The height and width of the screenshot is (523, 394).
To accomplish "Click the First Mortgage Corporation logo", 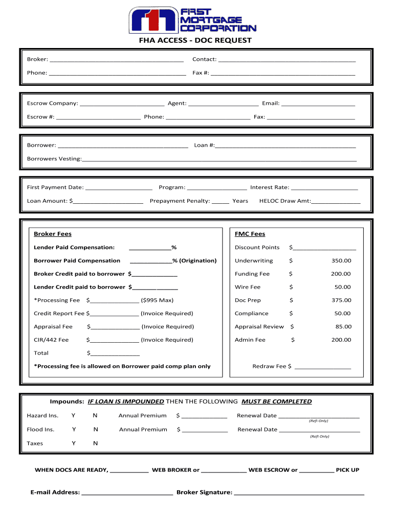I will [192, 20].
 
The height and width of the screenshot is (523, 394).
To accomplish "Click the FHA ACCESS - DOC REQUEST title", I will [196, 40].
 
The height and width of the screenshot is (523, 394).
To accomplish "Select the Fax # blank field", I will [283, 73].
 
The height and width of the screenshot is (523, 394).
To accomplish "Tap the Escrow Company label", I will [52, 104].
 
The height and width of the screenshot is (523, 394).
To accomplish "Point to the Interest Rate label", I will [269, 187].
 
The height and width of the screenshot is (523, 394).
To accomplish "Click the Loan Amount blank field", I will [108, 201].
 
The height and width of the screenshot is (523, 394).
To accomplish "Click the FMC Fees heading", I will [250, 234].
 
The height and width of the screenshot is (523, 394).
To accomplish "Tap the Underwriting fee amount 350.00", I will [341, 261].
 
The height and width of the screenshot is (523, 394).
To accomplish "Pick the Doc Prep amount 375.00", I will [341, 301].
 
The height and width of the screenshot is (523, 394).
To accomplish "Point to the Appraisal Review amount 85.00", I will [343, 327].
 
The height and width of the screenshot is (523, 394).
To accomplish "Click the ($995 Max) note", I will [157, 300].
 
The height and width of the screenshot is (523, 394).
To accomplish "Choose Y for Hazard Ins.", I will [74, 416].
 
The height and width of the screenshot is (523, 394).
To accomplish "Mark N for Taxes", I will [95, 444].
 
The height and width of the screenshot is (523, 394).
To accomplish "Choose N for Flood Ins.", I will [95, 430].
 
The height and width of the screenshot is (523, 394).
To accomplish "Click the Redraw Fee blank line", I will [323, 367].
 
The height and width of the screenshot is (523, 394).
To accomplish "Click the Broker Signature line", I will [299, 493].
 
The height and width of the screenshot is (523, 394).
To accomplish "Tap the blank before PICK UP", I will [316, 470].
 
